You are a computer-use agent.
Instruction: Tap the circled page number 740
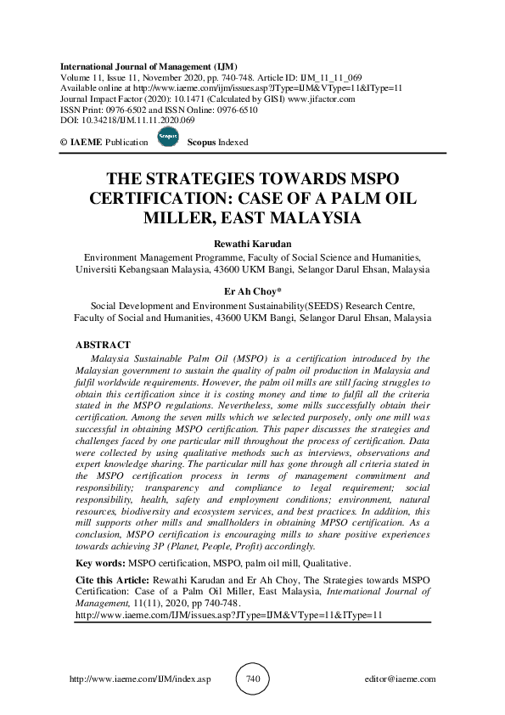[x=252, y=679]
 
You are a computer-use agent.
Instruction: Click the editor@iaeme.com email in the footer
[x=399, y=680]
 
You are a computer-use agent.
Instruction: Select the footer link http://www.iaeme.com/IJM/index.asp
[x=138, y=680]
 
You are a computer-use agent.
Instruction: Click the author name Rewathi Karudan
[x=252, y=243]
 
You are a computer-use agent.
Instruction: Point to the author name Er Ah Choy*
[x=252, y=291]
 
